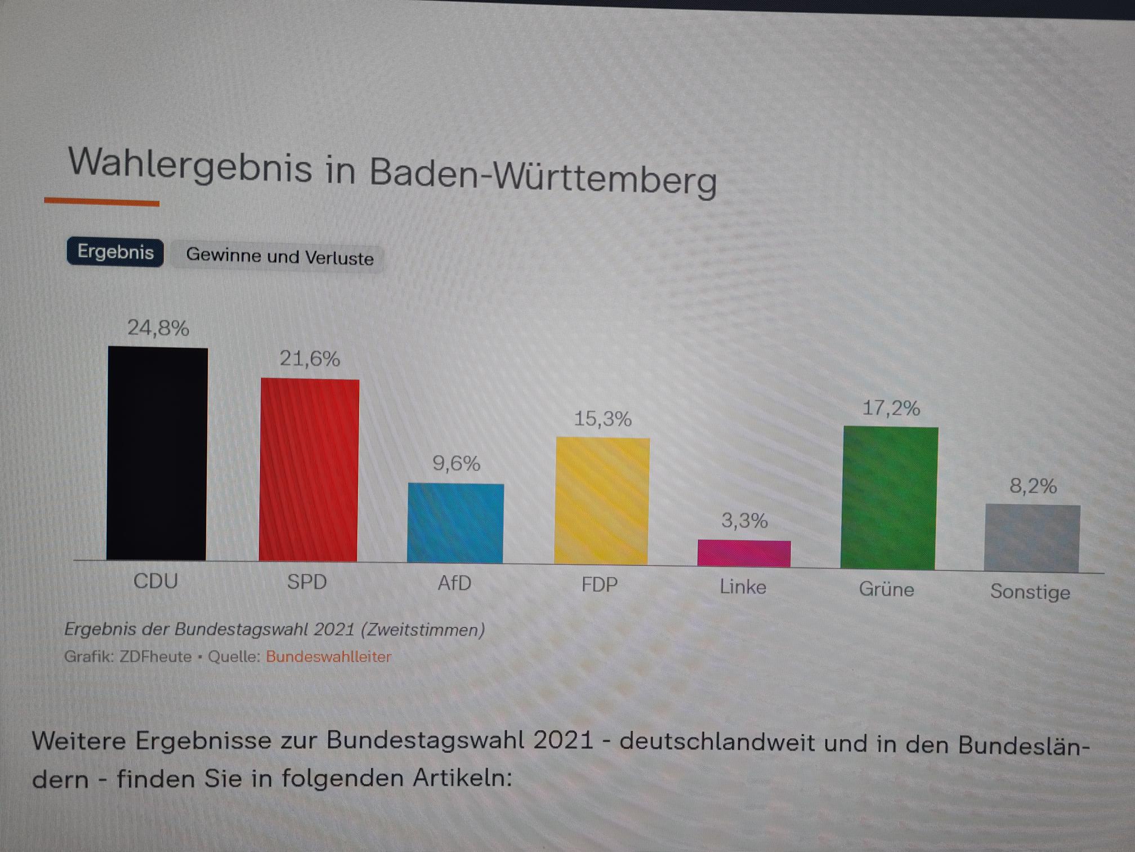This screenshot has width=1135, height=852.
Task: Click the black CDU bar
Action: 157,454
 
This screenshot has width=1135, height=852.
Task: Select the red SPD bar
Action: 309,470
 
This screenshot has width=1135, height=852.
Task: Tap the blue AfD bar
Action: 455,523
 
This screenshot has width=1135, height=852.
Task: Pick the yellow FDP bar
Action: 602,501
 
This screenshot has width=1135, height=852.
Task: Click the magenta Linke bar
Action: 744,553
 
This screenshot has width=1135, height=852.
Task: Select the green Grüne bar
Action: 889,498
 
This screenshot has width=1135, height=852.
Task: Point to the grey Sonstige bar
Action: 1032,539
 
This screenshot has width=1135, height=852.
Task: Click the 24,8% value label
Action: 158,328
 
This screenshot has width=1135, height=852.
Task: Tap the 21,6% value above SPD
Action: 310,359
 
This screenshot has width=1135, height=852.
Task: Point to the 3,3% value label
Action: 744,521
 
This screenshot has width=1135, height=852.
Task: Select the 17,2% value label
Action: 891,408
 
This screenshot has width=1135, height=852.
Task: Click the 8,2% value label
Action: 1033,486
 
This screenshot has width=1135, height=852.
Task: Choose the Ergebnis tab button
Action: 115,252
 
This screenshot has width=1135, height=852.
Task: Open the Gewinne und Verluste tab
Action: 280,257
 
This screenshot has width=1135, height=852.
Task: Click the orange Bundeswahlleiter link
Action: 328,657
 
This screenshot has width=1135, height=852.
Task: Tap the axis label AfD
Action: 454,583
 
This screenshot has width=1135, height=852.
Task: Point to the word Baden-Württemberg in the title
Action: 543,175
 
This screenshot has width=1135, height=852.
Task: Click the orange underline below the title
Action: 102,202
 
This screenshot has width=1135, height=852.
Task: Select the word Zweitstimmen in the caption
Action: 423,630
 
